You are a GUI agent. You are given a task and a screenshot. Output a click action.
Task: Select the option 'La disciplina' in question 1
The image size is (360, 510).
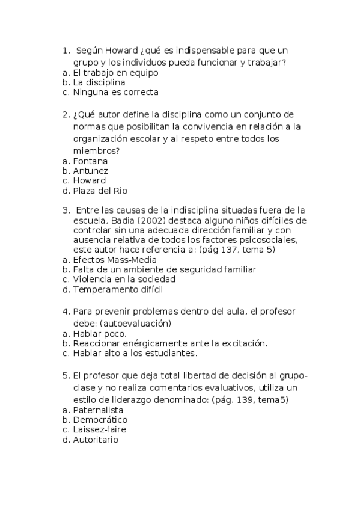tap(99, 82)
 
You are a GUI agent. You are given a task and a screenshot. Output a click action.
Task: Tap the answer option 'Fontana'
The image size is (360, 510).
tap(90, 161)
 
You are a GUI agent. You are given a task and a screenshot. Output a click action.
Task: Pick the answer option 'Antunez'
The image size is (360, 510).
tap(90, 171)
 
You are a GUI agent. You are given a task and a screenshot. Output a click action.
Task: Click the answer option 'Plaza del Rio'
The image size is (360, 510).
tap(100, 191)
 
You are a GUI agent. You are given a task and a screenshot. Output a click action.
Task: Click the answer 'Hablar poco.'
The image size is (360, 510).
tap(99, 333)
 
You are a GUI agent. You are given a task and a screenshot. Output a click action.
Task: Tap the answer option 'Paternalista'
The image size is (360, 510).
tap(97, 410)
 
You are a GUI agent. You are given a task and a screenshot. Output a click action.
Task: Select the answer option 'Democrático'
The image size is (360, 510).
tap(100, 420)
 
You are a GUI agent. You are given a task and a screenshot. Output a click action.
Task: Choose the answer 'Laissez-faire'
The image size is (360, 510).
tap(99, 430)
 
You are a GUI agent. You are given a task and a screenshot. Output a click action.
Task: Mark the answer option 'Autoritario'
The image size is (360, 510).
tap(96, 440)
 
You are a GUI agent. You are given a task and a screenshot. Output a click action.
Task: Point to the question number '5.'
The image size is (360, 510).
tap(66, 376)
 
